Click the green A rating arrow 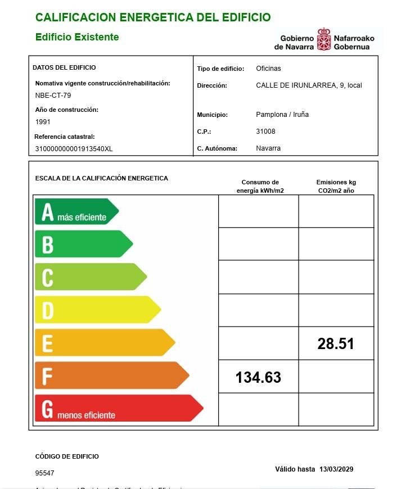(x=76, y=212)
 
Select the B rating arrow (x=83, y=244)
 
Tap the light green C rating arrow (x=90, y=277)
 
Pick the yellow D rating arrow (x=97, y=310)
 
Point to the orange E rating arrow (x=104, y=342)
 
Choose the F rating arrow (x=111, y=375)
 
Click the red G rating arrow (x=118, y=408)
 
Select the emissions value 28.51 (x=336, y=344)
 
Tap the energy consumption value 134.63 (x=258, y=377)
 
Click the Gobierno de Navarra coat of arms (x=324, y=40)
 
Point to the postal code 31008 (x=265, y=132)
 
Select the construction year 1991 (x=43, y=121)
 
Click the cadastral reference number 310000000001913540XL (x=74, y=149)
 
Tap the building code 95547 (x=45, y=473)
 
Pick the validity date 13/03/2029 (x=336, y=469)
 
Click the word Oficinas (x=268, y=69)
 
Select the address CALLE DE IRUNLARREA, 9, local (x=309, y=85)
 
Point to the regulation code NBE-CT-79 (x=53, y=95)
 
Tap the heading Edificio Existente (x=77, y=37)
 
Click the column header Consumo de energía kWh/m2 (x=260, y=187)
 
